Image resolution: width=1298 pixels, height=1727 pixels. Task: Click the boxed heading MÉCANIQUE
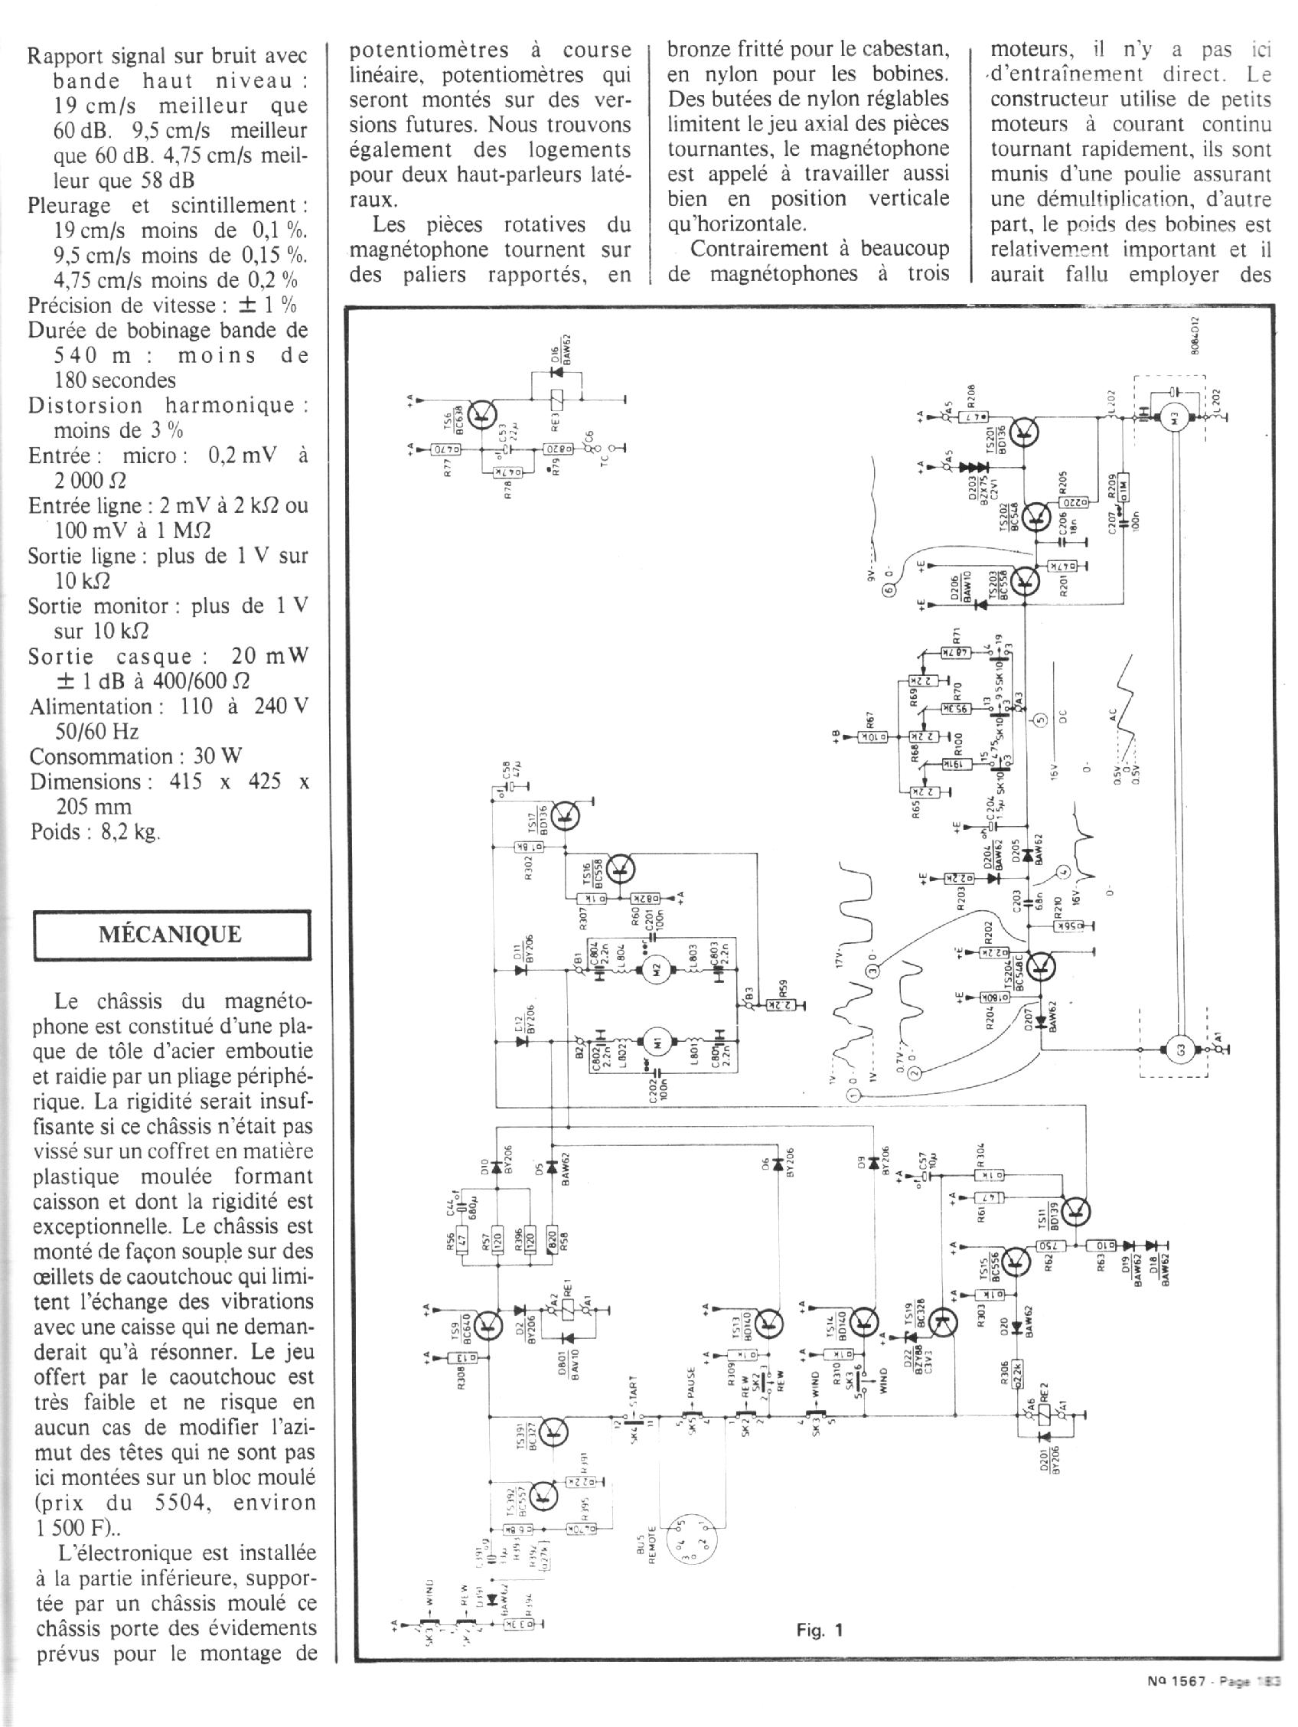point(170,935)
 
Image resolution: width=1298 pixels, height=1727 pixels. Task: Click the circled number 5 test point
point(1039,721)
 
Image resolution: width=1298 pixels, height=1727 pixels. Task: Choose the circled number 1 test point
point(853,1096)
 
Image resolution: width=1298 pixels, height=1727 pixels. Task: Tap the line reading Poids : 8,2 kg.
point(95,832)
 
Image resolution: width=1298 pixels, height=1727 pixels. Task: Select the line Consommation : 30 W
point(135,756)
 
